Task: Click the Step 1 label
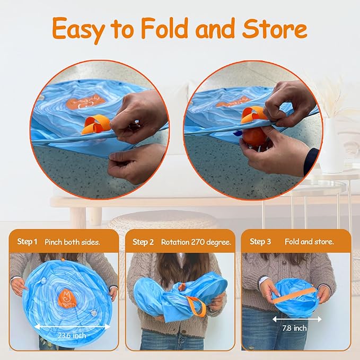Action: click(27, 242)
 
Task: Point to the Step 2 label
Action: click(143, 242)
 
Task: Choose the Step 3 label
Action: click(260, 242)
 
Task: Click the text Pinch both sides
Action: click(73, 242)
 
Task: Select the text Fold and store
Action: click(309, 242)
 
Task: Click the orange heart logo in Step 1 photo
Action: click(68, 300)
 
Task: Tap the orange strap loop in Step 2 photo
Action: click(196, 306)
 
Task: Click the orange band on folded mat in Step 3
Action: click(295, 295)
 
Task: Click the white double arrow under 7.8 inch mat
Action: click(297, 319)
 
